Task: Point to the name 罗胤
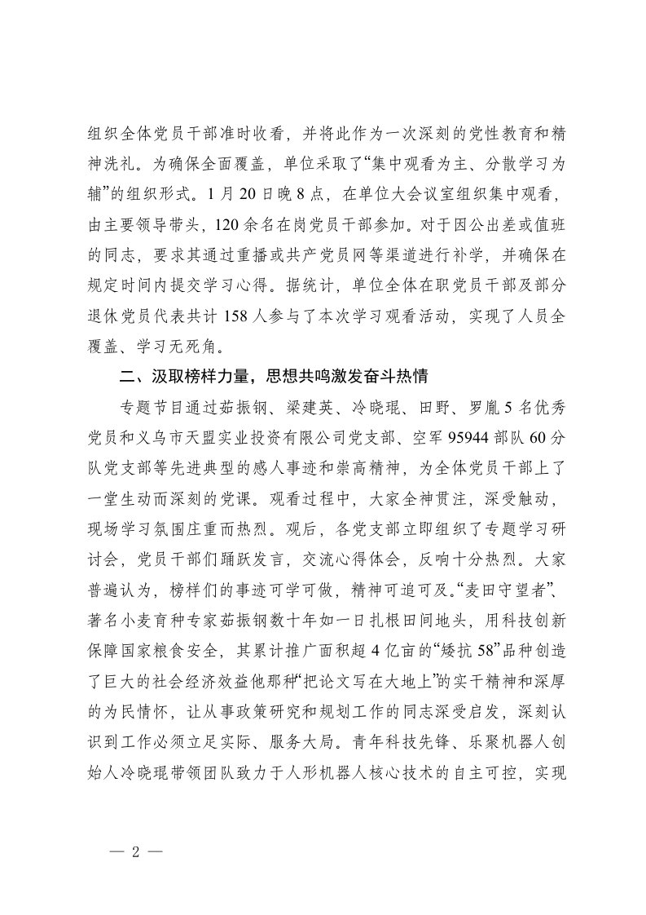coord(474,405)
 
